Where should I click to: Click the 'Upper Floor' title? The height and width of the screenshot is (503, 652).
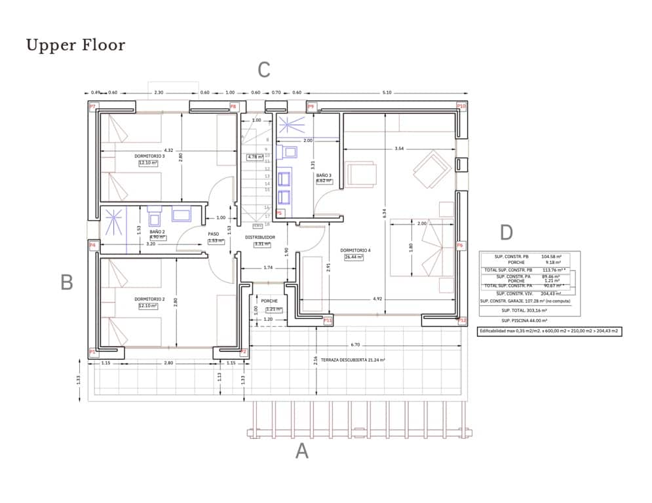(75, 45)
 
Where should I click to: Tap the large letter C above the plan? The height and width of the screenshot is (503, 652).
(263, 69)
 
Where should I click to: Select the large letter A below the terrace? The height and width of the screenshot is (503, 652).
(301, 451)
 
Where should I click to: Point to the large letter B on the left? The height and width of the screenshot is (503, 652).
(66, 282)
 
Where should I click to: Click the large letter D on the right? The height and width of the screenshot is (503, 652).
(506, 233)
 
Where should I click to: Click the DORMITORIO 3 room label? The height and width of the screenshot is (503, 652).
(149, 157)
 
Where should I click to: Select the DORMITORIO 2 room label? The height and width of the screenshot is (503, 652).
(149, 299)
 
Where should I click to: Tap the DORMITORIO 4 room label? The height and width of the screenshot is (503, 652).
(355, 251)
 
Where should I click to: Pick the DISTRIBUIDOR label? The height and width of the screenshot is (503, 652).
(260, 237)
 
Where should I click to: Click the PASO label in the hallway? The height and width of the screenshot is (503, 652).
(214, 234)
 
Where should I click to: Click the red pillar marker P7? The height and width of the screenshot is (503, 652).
(92, 106)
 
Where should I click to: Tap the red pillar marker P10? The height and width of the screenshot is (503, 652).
(461, 106)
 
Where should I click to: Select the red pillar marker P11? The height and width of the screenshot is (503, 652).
(328, 320)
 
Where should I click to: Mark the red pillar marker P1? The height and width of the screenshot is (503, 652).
(92, 352)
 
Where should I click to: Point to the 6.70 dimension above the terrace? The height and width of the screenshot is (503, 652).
(355, 344)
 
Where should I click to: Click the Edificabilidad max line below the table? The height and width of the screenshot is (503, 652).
(549, 331)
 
